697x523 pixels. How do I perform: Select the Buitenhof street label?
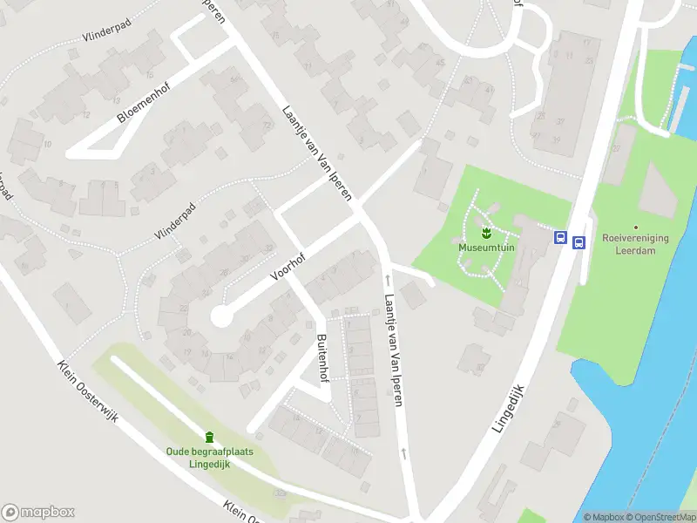(x=321, y=357)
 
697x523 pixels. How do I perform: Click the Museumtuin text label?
(x=485, y=248)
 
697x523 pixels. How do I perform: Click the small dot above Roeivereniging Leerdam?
(x=635, y=227)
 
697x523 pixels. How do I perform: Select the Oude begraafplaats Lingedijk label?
(x=208, y=457)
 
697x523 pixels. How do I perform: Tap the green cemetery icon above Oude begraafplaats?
(x=209, y=437)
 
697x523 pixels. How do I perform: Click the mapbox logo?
(x=38, y=513)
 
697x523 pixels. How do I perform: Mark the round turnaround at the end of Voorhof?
(x=221, y=316)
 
